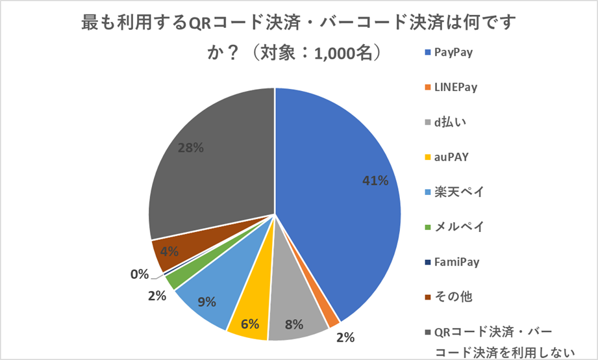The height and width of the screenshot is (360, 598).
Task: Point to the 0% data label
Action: [x=139, y=275]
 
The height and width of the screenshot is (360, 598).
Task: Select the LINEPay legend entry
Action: [x=455, y=88]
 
